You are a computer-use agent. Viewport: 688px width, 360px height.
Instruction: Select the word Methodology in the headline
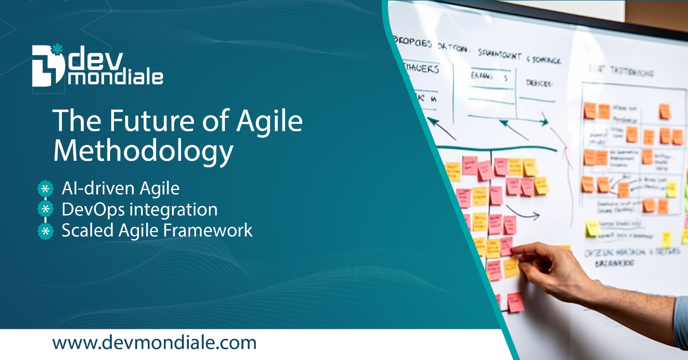coord(143,151)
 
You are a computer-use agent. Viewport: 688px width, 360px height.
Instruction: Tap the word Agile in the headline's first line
coord(270,121)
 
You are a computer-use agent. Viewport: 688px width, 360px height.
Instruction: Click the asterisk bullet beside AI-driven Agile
coord(45,188)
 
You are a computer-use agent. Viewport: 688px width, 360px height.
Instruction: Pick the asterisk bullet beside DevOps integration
coord(45,209)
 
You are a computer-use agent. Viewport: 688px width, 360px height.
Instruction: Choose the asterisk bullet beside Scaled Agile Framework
coord(45,231)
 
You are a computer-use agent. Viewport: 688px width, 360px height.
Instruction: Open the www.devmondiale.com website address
coord(154,343)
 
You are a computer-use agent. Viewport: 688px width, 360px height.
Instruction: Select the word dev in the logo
coord(95,60)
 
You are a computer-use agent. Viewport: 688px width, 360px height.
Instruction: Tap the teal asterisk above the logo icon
coord(57,48)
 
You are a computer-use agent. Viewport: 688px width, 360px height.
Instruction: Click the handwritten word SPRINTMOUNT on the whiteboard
coord(499,54)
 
